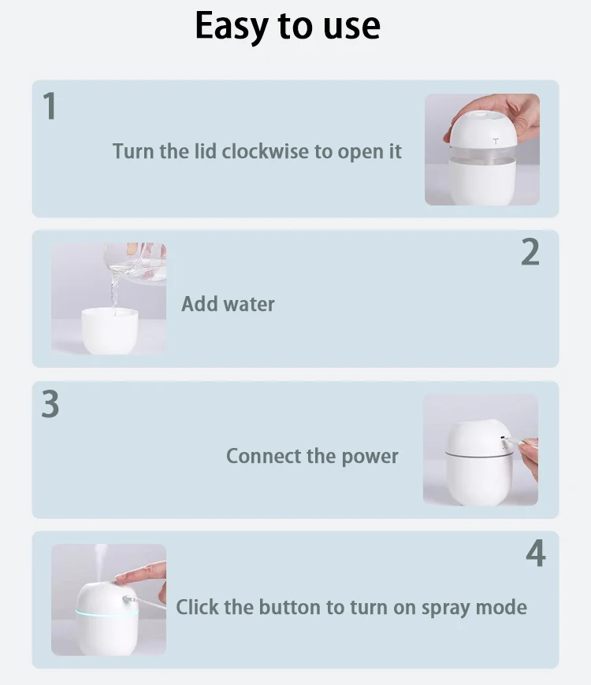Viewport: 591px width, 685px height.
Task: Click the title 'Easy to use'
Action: click(288, 26)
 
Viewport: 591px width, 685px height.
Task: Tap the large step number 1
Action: click(50, 106)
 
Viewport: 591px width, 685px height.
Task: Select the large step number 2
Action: click(530, 252)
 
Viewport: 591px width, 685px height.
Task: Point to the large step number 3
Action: click(50, 404)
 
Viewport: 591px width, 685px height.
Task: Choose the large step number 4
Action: click(536, 553)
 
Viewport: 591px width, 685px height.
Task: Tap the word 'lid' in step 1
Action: click(205, 151)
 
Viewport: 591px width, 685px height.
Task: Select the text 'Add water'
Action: click(229, 304)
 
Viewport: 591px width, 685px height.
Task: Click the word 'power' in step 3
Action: click(370, 457)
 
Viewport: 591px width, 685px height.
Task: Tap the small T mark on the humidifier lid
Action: click(496, 141)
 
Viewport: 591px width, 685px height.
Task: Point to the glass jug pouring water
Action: click(135, 262)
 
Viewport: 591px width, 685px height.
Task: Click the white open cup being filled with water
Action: click(110, 330)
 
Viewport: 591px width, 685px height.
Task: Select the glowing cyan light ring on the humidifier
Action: click(106, 614)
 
